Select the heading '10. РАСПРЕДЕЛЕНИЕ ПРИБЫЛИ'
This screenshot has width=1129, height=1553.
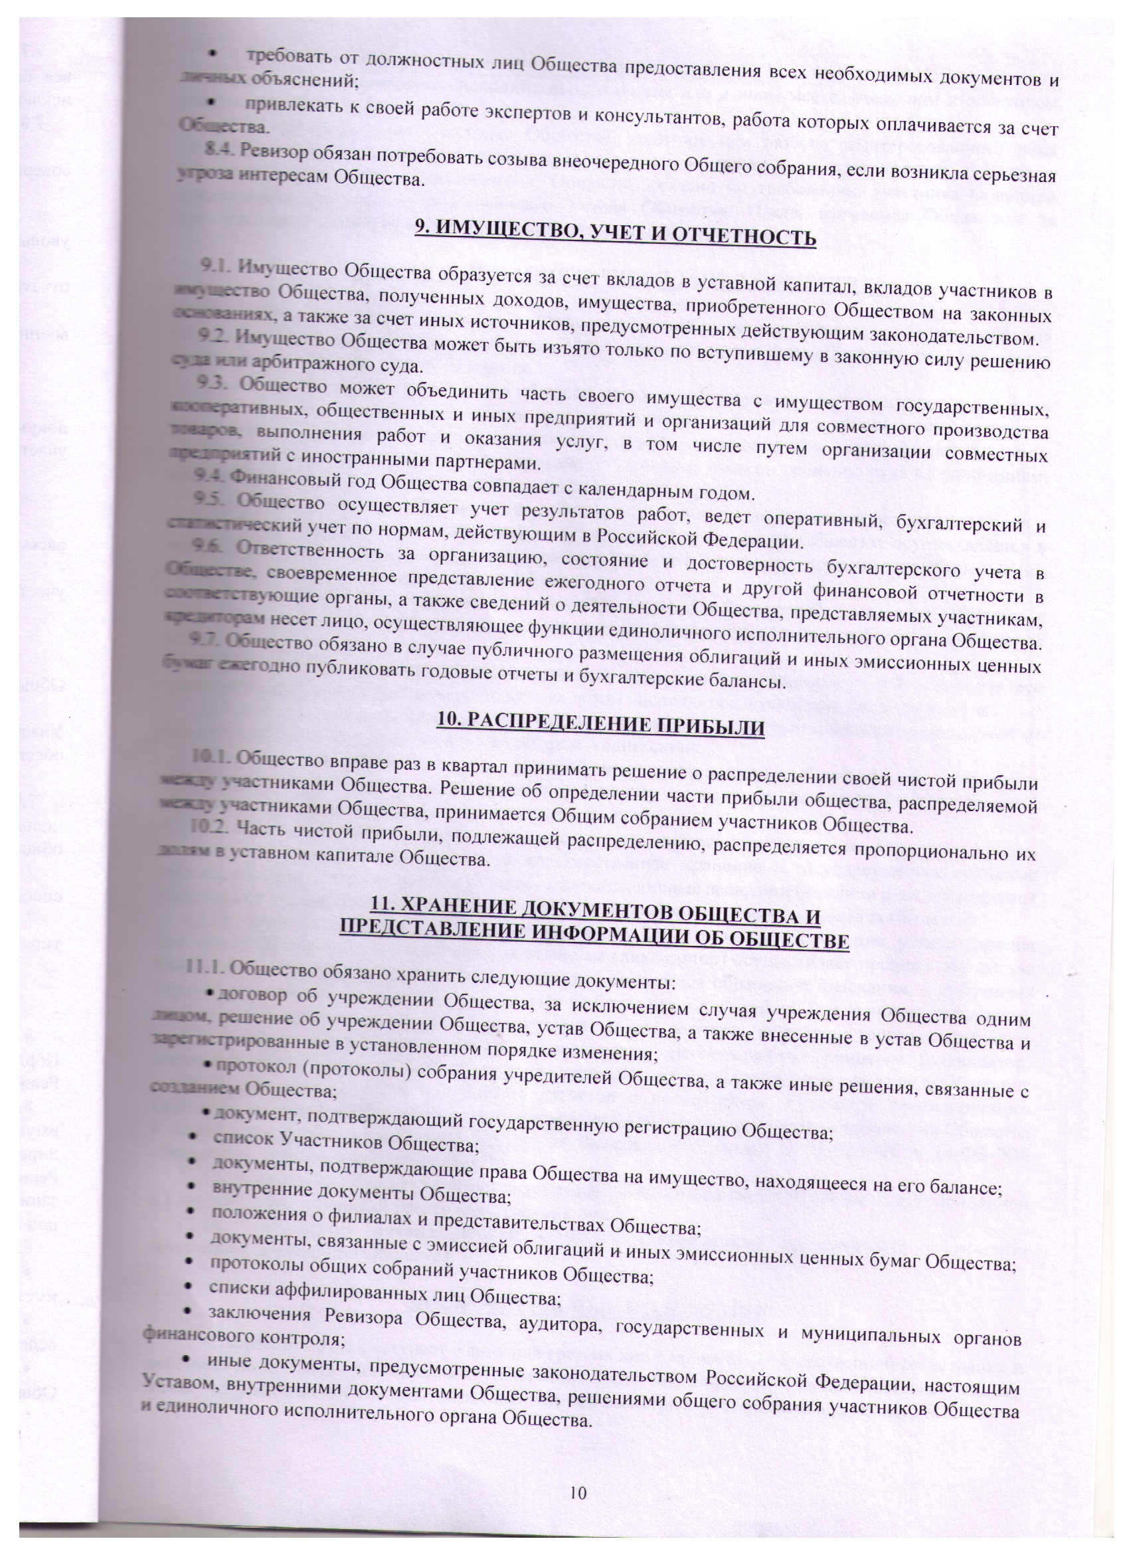tap(600, 725)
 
